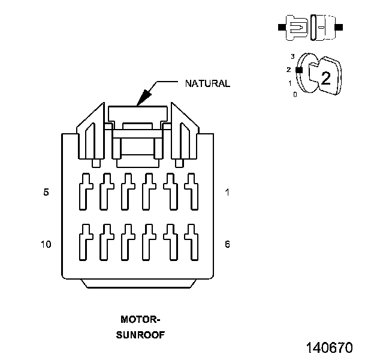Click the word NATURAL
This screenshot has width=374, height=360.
point(207,83)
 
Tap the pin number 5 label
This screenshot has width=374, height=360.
point(46,192)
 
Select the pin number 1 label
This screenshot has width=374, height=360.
point(227,192)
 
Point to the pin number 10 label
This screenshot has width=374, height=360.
point(46,244)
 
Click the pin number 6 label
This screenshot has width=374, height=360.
point(227,244)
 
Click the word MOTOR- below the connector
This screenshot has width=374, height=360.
point(140,319)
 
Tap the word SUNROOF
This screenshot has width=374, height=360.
point(140,335)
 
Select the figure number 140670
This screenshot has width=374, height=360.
point(330,347)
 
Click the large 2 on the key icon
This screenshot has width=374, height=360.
point(326,78)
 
